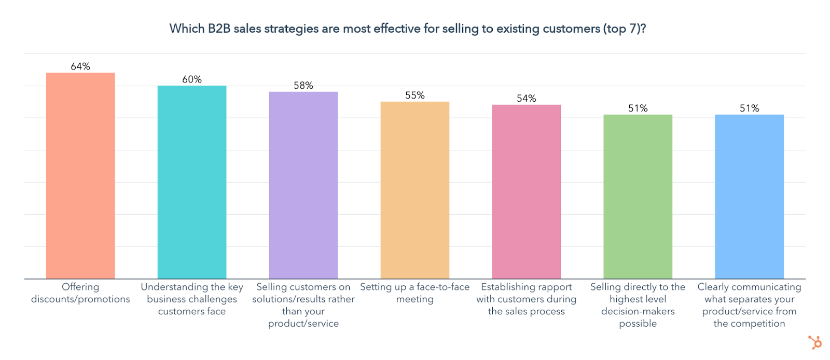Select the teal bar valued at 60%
click(192, 182)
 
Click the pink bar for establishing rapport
click(527, 191)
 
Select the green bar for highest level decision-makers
click(638, 197)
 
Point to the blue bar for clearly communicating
click(749, 197)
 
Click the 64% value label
click(80, 66)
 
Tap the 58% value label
click(303, 86)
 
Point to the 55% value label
click(415, 95)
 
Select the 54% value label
click(527, 99)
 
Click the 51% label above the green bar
click(638, 108)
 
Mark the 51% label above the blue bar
click(749, 108)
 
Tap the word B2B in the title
click(219, 29)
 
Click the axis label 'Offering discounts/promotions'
click(80, 293)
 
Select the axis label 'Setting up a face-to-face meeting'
click(415, 293)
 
